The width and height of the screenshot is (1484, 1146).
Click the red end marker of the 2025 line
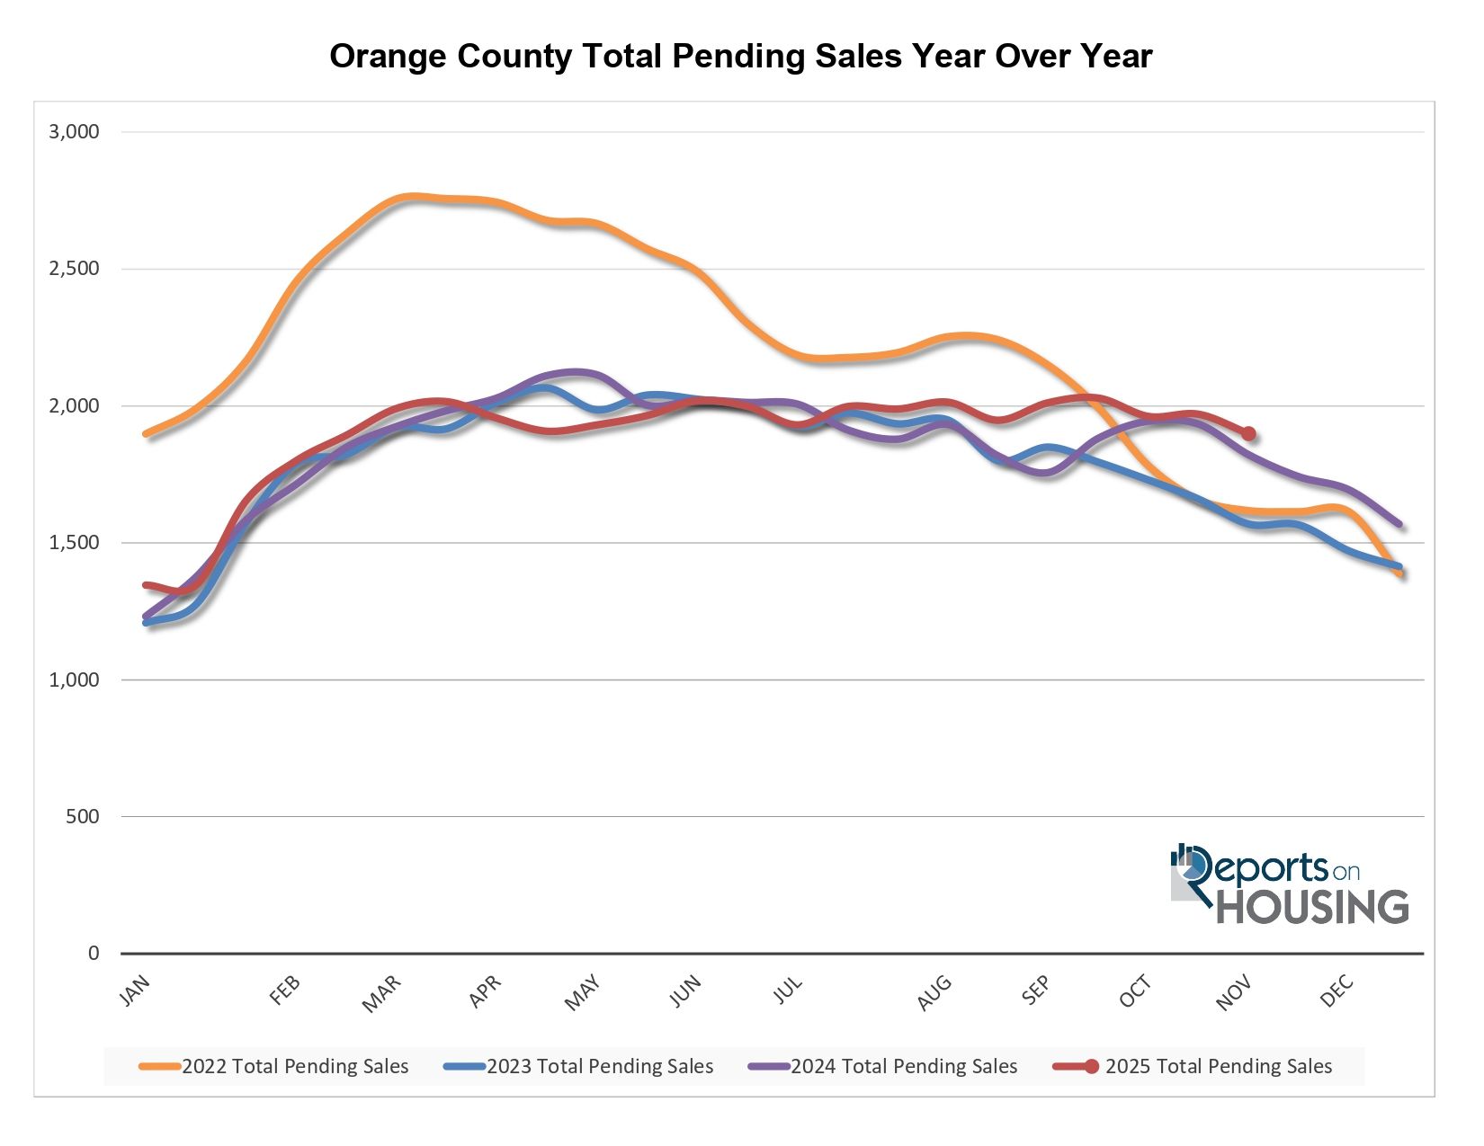(x=1248, y=434)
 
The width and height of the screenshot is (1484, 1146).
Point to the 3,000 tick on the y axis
(x=74, y=132)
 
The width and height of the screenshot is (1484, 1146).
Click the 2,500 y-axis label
(x=74, y=269)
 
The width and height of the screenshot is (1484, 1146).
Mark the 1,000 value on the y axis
(x=74, y=680)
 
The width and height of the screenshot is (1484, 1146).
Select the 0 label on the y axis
(x=94, y=954)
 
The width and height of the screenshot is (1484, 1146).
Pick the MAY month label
(x=582, y=994)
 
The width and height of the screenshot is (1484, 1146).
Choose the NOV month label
(x=1233, y=994)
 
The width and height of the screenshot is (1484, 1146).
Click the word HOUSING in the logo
(x=1312, y=907)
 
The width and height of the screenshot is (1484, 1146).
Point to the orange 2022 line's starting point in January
(x=146, y=434)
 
